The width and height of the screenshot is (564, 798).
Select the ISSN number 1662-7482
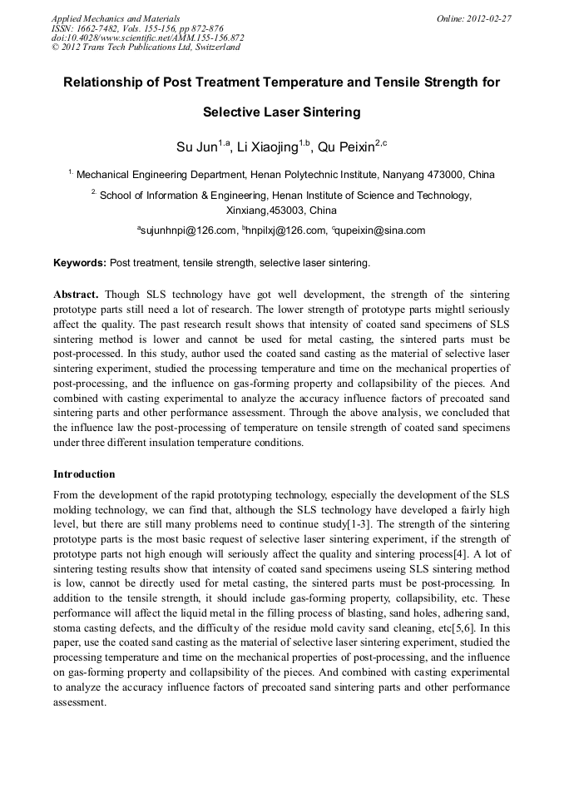[95, 27]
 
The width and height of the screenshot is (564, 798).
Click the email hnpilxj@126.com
[283, 230]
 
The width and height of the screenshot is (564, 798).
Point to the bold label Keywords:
[80, 263]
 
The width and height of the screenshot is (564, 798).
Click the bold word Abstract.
[77, 295]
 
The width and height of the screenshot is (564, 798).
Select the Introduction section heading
[84, 474]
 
